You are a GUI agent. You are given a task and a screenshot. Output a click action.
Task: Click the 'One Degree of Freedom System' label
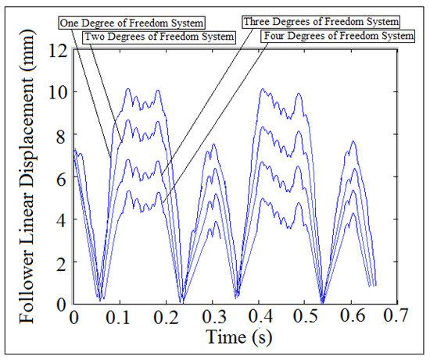click(x=127, y=23)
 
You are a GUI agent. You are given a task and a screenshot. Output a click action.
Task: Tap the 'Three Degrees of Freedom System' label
click(x=321, y=21)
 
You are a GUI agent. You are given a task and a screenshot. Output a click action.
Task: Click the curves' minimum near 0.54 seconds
click(x=321, y=301)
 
